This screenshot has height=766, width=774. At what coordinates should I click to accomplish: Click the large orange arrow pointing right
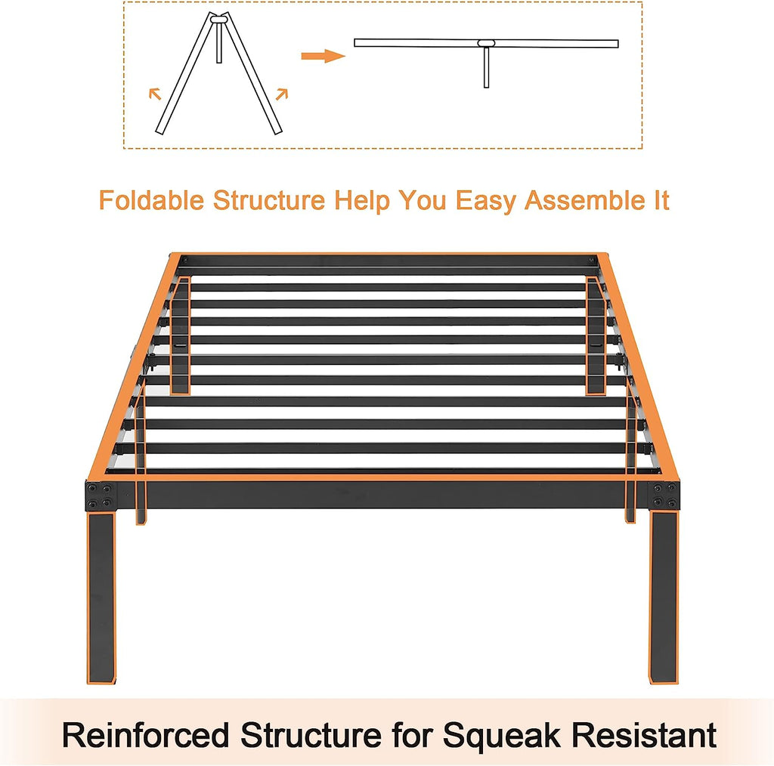(x=323, y=56)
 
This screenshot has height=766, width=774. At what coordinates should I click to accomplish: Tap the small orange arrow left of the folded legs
(x=155, y=93)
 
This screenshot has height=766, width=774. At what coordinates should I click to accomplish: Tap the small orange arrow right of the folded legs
(x=282, y=93)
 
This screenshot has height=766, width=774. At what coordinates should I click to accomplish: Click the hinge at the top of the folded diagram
(x=218, y=19)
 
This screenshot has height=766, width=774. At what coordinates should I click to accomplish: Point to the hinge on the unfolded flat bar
(x=486, y=43)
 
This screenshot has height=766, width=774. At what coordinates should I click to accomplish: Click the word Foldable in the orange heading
(x=151, y=200)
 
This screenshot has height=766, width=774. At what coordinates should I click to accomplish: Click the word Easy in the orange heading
(x=485, y=201)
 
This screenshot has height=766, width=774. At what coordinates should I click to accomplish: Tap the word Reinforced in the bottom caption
(x=146, y=735)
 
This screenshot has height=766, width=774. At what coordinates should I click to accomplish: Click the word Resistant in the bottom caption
(x=644, y=735)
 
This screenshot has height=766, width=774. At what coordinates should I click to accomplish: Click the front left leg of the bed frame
(x=102, y=598)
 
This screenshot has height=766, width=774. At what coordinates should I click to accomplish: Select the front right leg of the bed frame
(x=664, y=598)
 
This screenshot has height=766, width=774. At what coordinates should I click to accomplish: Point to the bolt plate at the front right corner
(x=664, y=496)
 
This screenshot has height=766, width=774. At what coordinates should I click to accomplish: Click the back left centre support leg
(x=181, y=335)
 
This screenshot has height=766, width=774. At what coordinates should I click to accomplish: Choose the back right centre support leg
(x=596, y=335)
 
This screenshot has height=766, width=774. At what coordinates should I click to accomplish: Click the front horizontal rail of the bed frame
(x=382, y=494)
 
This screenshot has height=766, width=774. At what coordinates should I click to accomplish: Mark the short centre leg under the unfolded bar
(x=486, y=67)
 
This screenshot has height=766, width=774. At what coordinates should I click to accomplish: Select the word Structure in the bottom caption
(x=311, y=735)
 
